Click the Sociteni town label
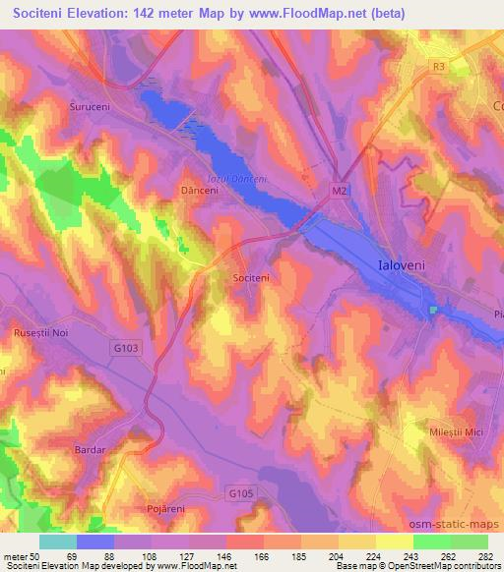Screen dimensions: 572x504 (x=250, y=279)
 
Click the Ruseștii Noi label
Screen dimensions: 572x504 (x=39, y=333)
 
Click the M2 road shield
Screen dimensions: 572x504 (x=340, y=190)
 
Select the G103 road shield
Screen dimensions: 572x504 (x=126, y=347)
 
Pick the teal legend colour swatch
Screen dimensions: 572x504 (x=58, y=542)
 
